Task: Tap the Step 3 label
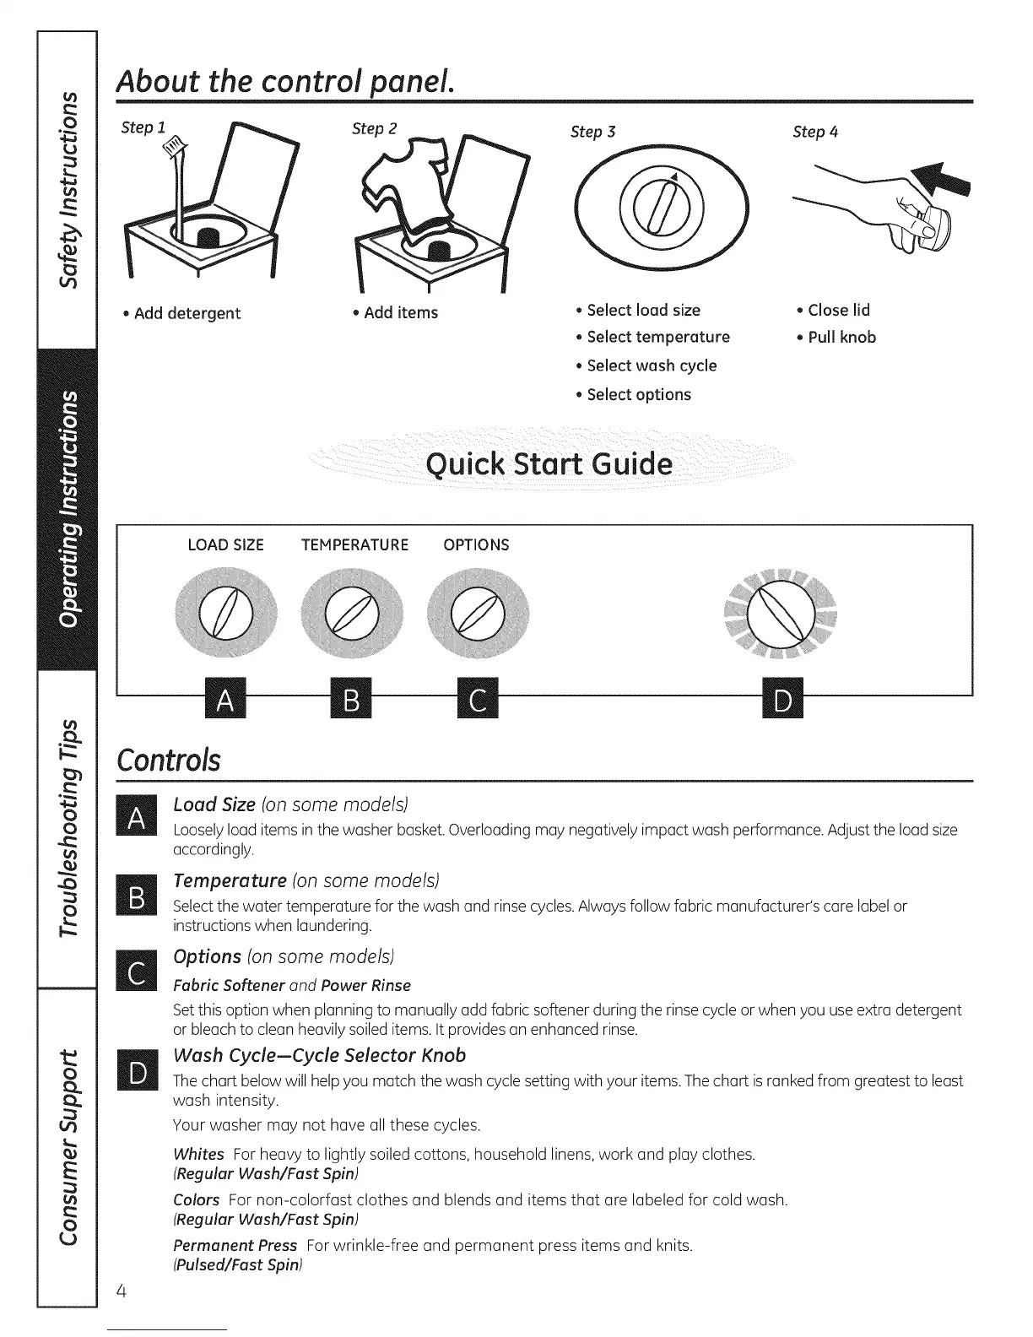pos(592,132)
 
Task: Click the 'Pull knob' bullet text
pos(841,338)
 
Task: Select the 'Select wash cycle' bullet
pos(651,365)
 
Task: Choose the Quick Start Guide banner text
pos(550,464)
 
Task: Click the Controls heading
pos(169,760)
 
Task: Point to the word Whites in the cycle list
pos(198,1154)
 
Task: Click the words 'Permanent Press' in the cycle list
pos(235,1245)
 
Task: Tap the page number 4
pos(122,1291)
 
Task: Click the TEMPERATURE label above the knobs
pos(354,545)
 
